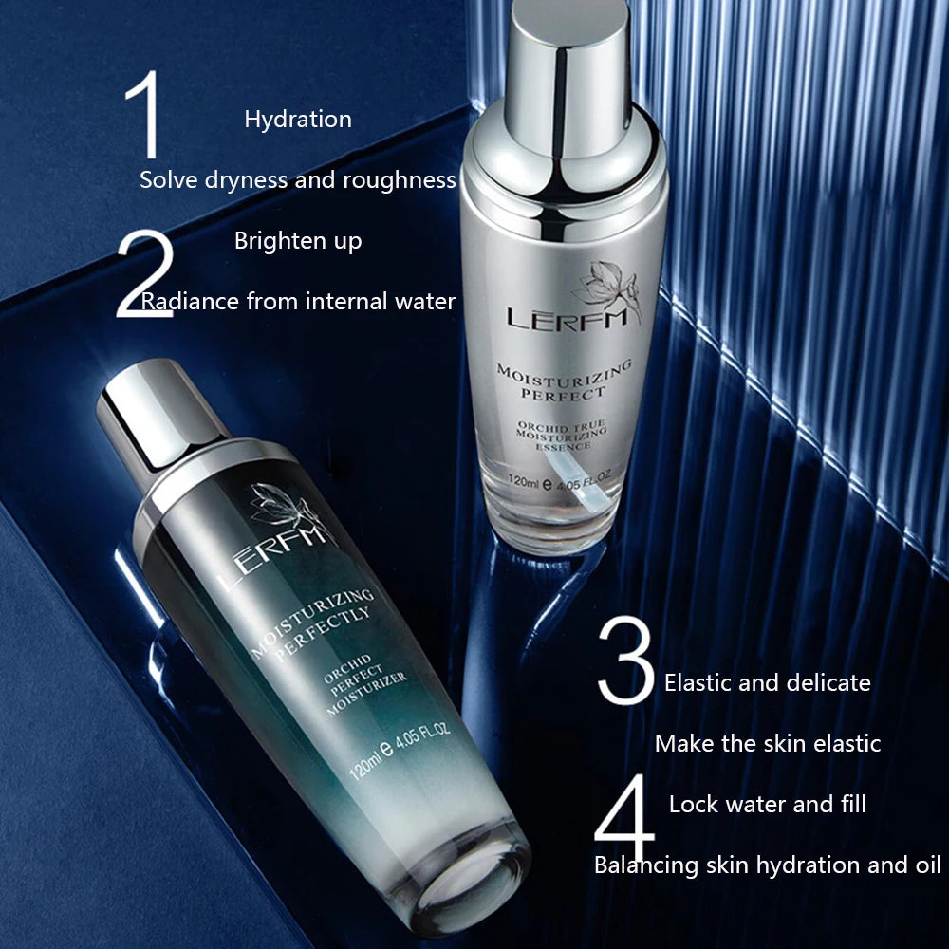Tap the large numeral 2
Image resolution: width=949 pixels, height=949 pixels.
[x=145, y=273]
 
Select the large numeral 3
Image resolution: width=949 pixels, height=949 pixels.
[x=625, y=660]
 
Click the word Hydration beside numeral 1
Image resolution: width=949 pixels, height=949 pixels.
[x=298, y=120]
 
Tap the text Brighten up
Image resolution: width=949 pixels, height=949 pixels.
[x=298, y=241]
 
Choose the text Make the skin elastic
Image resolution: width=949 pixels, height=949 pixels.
[x=768, y=744]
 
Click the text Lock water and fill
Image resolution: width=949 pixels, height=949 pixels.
[x=768, y=805]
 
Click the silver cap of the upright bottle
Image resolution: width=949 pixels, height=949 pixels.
[x=568, y=79]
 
